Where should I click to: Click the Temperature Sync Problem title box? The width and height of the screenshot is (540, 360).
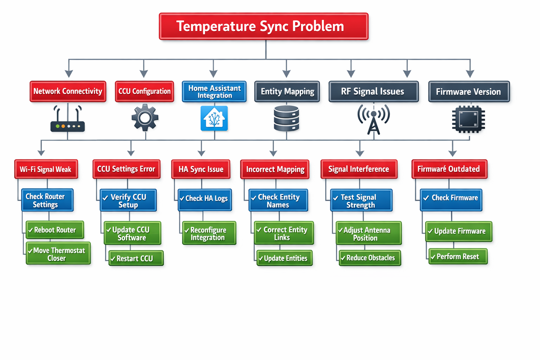[x=264, y=26]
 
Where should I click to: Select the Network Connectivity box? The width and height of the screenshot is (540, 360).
[x=68, y=91]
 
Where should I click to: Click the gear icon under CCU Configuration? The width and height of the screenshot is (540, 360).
[x=145, y=118]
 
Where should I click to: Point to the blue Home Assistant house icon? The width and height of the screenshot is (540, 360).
[x=214, y=118]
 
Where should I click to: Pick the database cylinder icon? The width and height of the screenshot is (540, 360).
[x=287, y=119]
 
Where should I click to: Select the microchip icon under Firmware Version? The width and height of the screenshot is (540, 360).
[x=468, y=120]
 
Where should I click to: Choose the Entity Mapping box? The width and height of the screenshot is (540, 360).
[x=287, y=92]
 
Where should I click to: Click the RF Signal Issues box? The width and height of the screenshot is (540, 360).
[x=373, y=92]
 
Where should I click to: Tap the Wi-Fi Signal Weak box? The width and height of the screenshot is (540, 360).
[x=46, y=169]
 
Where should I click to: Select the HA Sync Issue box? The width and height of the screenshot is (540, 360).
[x=201, y=169]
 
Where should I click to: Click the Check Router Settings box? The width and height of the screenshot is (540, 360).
[x=47, y=200]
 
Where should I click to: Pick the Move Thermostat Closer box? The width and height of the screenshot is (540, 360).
[x=58, y=254]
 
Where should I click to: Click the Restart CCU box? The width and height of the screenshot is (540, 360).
[x=136, y=258]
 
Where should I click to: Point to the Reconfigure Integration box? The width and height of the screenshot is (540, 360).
[x=209, y=233]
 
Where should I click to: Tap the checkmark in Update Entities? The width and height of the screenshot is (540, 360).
[x=261, y=259]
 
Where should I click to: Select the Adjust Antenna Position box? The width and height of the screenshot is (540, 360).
[x=368, y=234]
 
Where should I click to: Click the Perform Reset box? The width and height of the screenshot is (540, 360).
[x=458, y=257]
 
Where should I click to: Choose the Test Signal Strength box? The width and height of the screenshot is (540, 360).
[x=361, y=201]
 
